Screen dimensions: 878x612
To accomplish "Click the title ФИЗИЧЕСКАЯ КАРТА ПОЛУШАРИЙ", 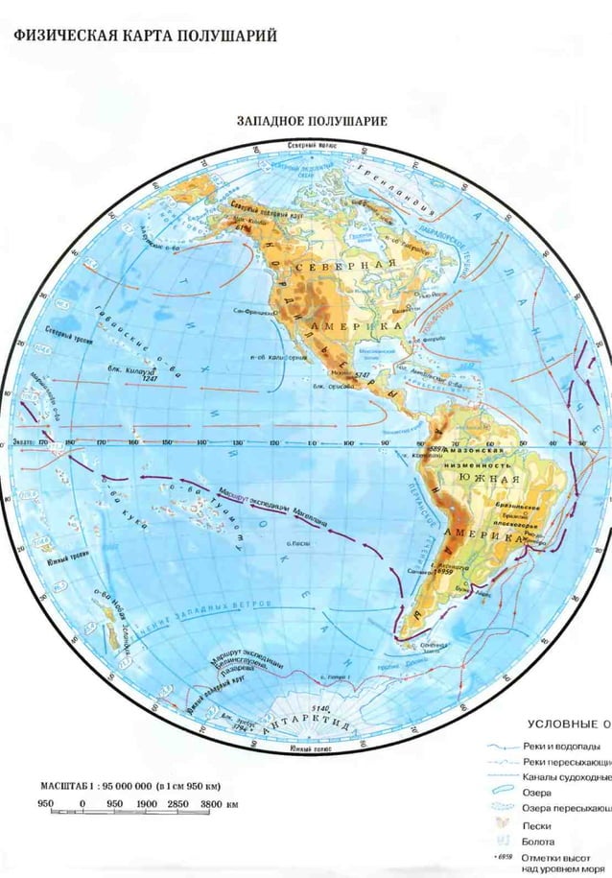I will [145, 36].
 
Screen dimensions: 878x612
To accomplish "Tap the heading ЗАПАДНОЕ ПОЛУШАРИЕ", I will [312, 122].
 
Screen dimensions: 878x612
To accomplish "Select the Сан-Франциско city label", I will [257, 312].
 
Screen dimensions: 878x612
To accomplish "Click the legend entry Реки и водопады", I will [562, 746].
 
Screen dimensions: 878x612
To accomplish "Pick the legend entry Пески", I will [536, 825].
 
